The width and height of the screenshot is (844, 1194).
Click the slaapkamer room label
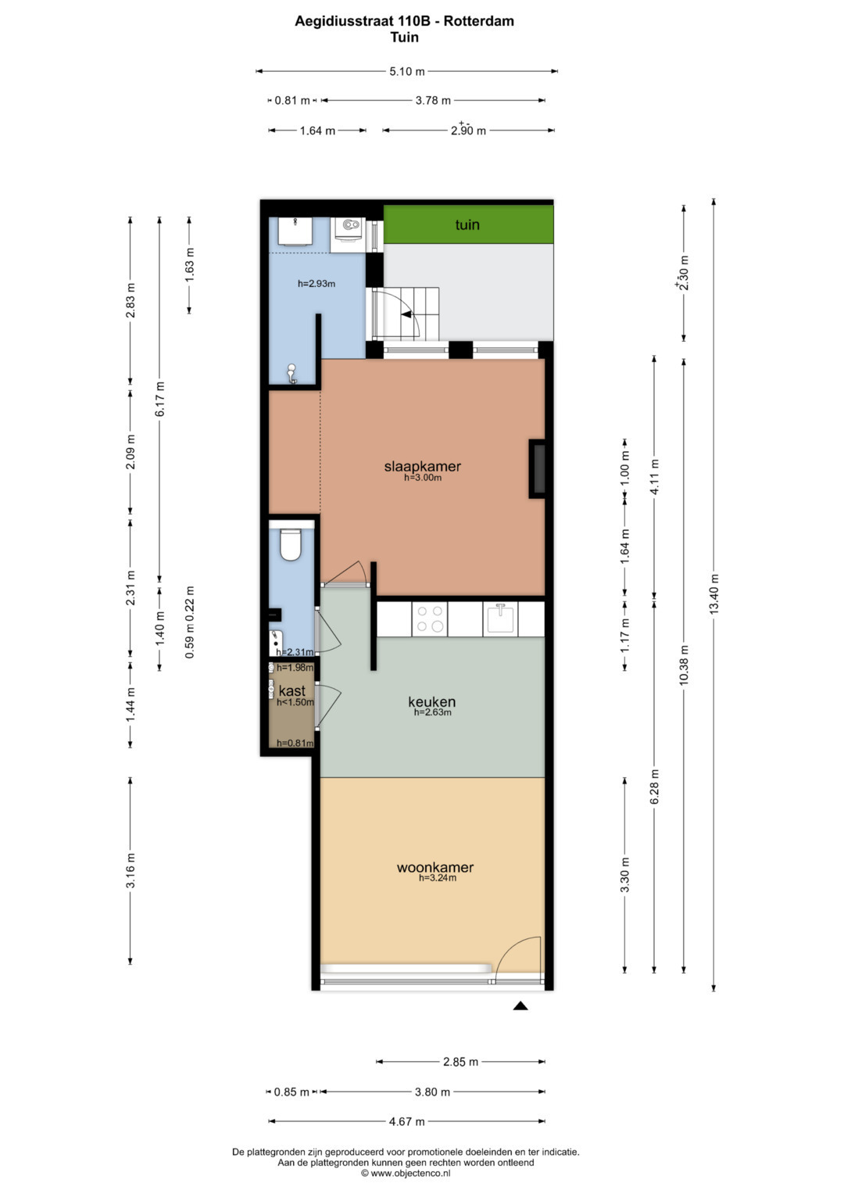click(423, 466)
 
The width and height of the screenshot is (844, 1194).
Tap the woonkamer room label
click(435, 867)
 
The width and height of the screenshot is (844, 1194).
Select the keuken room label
click(432, 701)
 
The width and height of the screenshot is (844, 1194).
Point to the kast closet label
click(292, 690)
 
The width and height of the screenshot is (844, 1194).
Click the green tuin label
click(467, 224)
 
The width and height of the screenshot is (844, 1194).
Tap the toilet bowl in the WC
click(291, 543)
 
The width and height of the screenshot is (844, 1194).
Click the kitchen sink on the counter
click(500, 619)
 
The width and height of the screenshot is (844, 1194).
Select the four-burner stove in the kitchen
click(430, 619)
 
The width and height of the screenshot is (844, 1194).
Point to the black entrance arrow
click(520, 1006)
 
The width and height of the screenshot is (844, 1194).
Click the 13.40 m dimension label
click(714, 593)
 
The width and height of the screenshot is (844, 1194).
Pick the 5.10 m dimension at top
click(407, 71)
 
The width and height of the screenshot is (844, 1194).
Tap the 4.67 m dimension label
click(407, 1121)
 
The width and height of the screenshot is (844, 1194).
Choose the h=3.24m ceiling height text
click(438, 878)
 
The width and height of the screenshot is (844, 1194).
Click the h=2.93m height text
click(316, 284)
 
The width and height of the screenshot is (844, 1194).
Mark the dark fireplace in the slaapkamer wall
click(537, 469)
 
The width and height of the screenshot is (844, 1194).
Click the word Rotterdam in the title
click(479, 21)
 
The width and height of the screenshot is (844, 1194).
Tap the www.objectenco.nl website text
click(411, 1173)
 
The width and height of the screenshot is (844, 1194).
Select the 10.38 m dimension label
click(684, 665)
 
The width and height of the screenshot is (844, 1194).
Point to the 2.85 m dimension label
click(461, 1062)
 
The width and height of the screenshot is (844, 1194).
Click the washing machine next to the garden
click(348, 235)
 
